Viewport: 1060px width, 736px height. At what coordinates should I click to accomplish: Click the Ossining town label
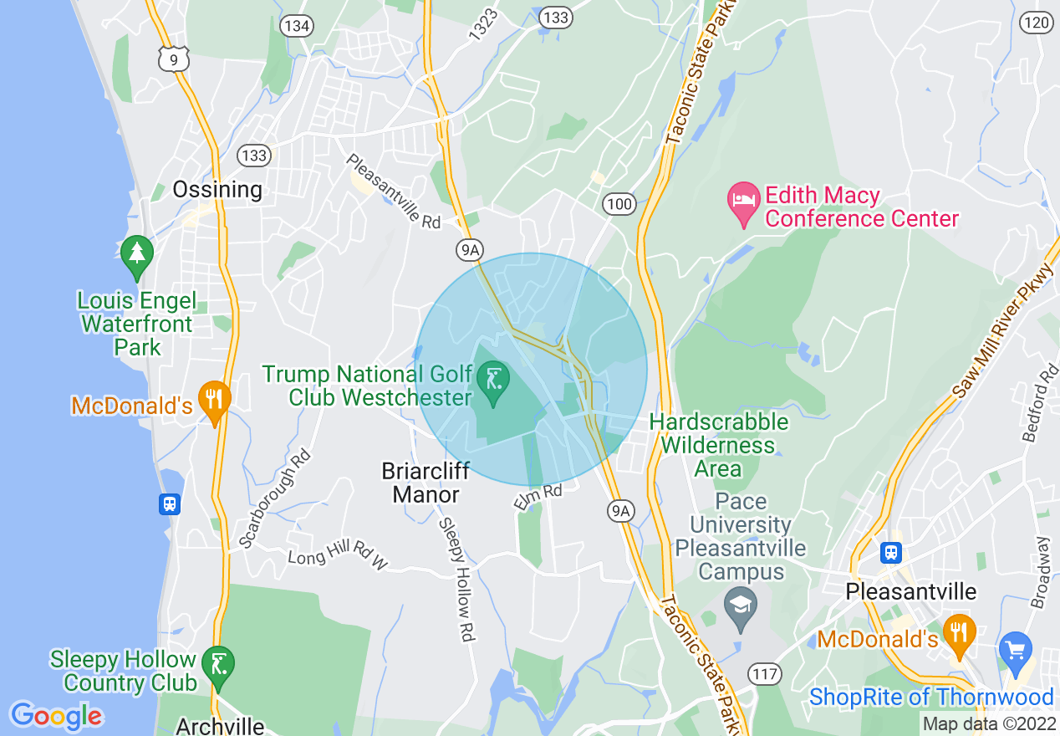coord(217,190)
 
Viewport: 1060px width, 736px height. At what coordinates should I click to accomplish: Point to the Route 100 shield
coord(619,203)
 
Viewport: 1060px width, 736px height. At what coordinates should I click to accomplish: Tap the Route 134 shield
coord(297,26)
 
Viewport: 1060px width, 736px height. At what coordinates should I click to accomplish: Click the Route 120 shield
coord(1037,23)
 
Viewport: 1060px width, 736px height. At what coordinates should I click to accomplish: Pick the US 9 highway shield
coord(174,59)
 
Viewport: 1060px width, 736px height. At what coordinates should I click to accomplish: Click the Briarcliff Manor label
coord(426,483)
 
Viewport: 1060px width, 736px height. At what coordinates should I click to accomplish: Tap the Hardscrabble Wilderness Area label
coord(718,445)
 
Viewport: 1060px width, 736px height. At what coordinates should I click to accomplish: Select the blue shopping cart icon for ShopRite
coord(1016,651)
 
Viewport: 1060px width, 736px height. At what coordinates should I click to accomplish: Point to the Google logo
coord(56,716)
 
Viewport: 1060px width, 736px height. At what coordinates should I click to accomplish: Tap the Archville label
coord(221,726)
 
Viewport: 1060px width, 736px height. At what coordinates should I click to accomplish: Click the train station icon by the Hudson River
coord(170,503)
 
